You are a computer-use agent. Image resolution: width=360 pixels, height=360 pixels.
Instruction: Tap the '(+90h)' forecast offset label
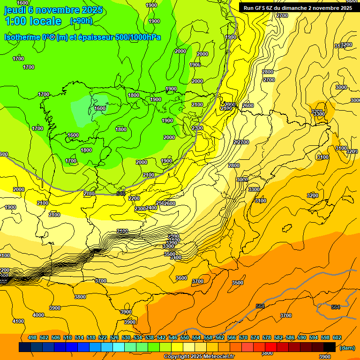[x=81, y=21]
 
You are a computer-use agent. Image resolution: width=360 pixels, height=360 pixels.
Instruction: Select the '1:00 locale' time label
[x=33, y=21]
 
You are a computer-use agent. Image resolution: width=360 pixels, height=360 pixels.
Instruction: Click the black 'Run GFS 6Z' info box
[x=298, y=7]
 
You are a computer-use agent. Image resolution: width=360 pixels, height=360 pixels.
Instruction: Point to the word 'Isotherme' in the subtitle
[x=22, y=37]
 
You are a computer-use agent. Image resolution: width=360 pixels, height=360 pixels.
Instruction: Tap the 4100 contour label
[x=18, y=321]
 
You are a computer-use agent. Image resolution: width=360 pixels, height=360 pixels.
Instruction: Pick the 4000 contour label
[x=38, y=315]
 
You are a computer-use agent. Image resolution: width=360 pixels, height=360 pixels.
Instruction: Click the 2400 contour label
[x=151, y=208]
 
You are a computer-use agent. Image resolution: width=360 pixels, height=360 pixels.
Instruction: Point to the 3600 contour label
[x=181, y=278]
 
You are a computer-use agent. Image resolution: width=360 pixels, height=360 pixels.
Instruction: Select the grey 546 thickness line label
[x=121, y=193]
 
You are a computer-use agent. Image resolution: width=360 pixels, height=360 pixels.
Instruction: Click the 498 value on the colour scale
[x=32, y=337]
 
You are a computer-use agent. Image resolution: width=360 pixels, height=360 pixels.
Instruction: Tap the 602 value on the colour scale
[x=337, y=337]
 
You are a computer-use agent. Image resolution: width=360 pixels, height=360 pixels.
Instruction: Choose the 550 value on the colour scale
[x=185, y=337]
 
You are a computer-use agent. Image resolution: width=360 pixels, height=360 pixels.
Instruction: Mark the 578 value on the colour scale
[x=267, y=337]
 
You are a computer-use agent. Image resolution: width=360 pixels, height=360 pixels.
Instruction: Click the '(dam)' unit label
[x=347, y=347]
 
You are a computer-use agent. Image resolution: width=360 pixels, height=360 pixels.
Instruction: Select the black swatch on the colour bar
[x=329, y=347]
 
